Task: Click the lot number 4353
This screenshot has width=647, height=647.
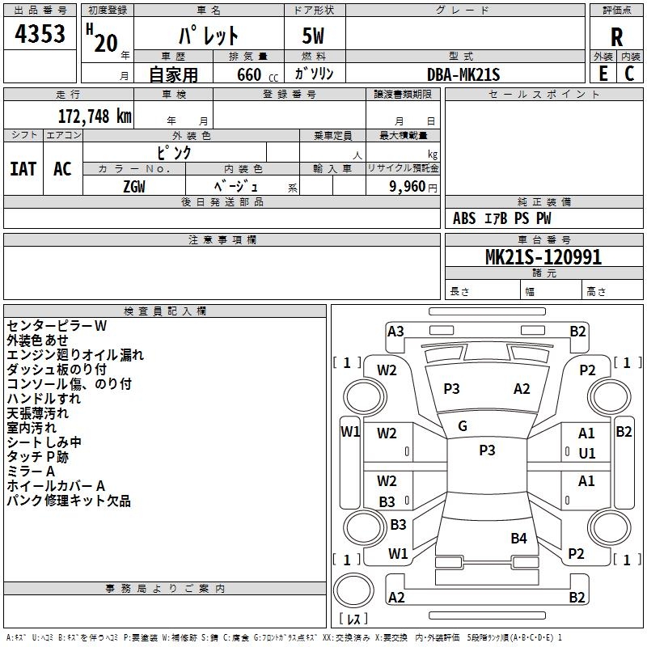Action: [x=40, y=34]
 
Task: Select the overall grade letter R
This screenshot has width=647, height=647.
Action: [x=616, y=37]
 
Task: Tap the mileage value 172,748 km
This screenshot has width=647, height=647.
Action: [x=95, y=116]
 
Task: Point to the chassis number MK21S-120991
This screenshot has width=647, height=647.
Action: [x=543, y=256]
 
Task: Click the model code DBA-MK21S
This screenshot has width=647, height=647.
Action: [x=463, y=74]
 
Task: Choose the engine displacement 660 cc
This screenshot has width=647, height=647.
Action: [x=257, y=74]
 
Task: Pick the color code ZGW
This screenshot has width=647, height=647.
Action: [x=134, y=187]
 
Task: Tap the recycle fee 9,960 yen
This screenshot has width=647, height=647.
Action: [x=412, y=187]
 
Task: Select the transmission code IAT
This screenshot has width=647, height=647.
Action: [x=23, y=169]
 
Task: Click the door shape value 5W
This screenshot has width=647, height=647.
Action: [x=313, y=36]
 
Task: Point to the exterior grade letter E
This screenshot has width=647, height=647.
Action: [x=603, y=74]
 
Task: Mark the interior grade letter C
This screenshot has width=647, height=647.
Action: [x=629, y=74]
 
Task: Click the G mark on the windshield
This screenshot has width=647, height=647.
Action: [x=463, y=425]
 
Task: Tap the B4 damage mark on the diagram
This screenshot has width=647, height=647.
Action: [x=518, y=538]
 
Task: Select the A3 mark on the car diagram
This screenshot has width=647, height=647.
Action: [x=395, y=331]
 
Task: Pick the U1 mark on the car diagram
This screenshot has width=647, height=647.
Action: [x=587, y=453]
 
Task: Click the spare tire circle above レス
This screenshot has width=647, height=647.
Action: [x=353, y=590]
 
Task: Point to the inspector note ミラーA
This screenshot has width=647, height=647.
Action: [x=31, y=472]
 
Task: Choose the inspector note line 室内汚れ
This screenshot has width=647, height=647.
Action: [x=32, y=428]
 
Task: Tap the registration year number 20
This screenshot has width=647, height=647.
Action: [x=106, y=44]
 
